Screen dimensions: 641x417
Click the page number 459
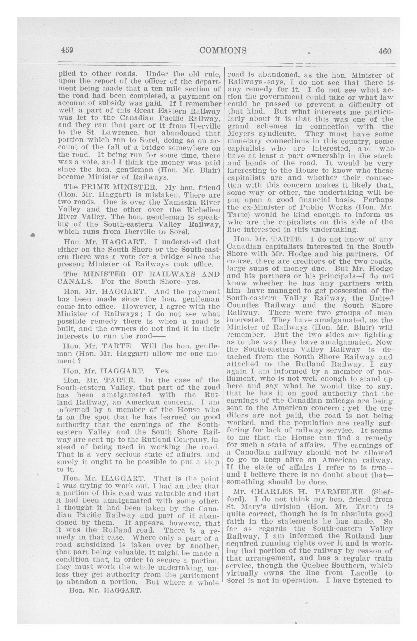coord(67,50)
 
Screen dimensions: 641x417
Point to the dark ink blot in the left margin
coord(33,235)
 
